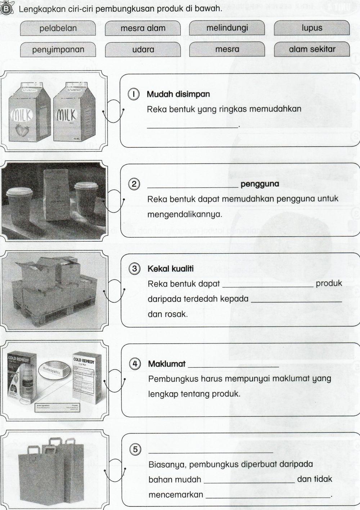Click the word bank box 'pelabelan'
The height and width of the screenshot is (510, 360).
(58, 28)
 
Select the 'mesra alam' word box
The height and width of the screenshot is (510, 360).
(143, 28)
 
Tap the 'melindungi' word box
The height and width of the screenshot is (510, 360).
(227, 28)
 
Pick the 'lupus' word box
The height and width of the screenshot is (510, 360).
(312, 28)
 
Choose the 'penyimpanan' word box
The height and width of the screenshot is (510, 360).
(58, 50)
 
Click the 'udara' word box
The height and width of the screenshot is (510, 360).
(143, 50)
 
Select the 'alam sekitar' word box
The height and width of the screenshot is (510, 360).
(312, 49)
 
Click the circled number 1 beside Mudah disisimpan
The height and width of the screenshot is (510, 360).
(134, 94)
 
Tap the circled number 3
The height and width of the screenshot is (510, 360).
(134, 269)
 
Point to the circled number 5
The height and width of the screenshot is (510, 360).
(135, 449)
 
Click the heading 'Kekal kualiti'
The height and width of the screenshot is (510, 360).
(170, 269)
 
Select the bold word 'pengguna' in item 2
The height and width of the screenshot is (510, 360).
(260, 184)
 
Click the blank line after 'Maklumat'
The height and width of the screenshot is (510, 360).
(233, 366)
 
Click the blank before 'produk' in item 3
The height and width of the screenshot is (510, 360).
(268, 286)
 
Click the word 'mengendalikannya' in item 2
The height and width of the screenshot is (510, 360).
(185, 215)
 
